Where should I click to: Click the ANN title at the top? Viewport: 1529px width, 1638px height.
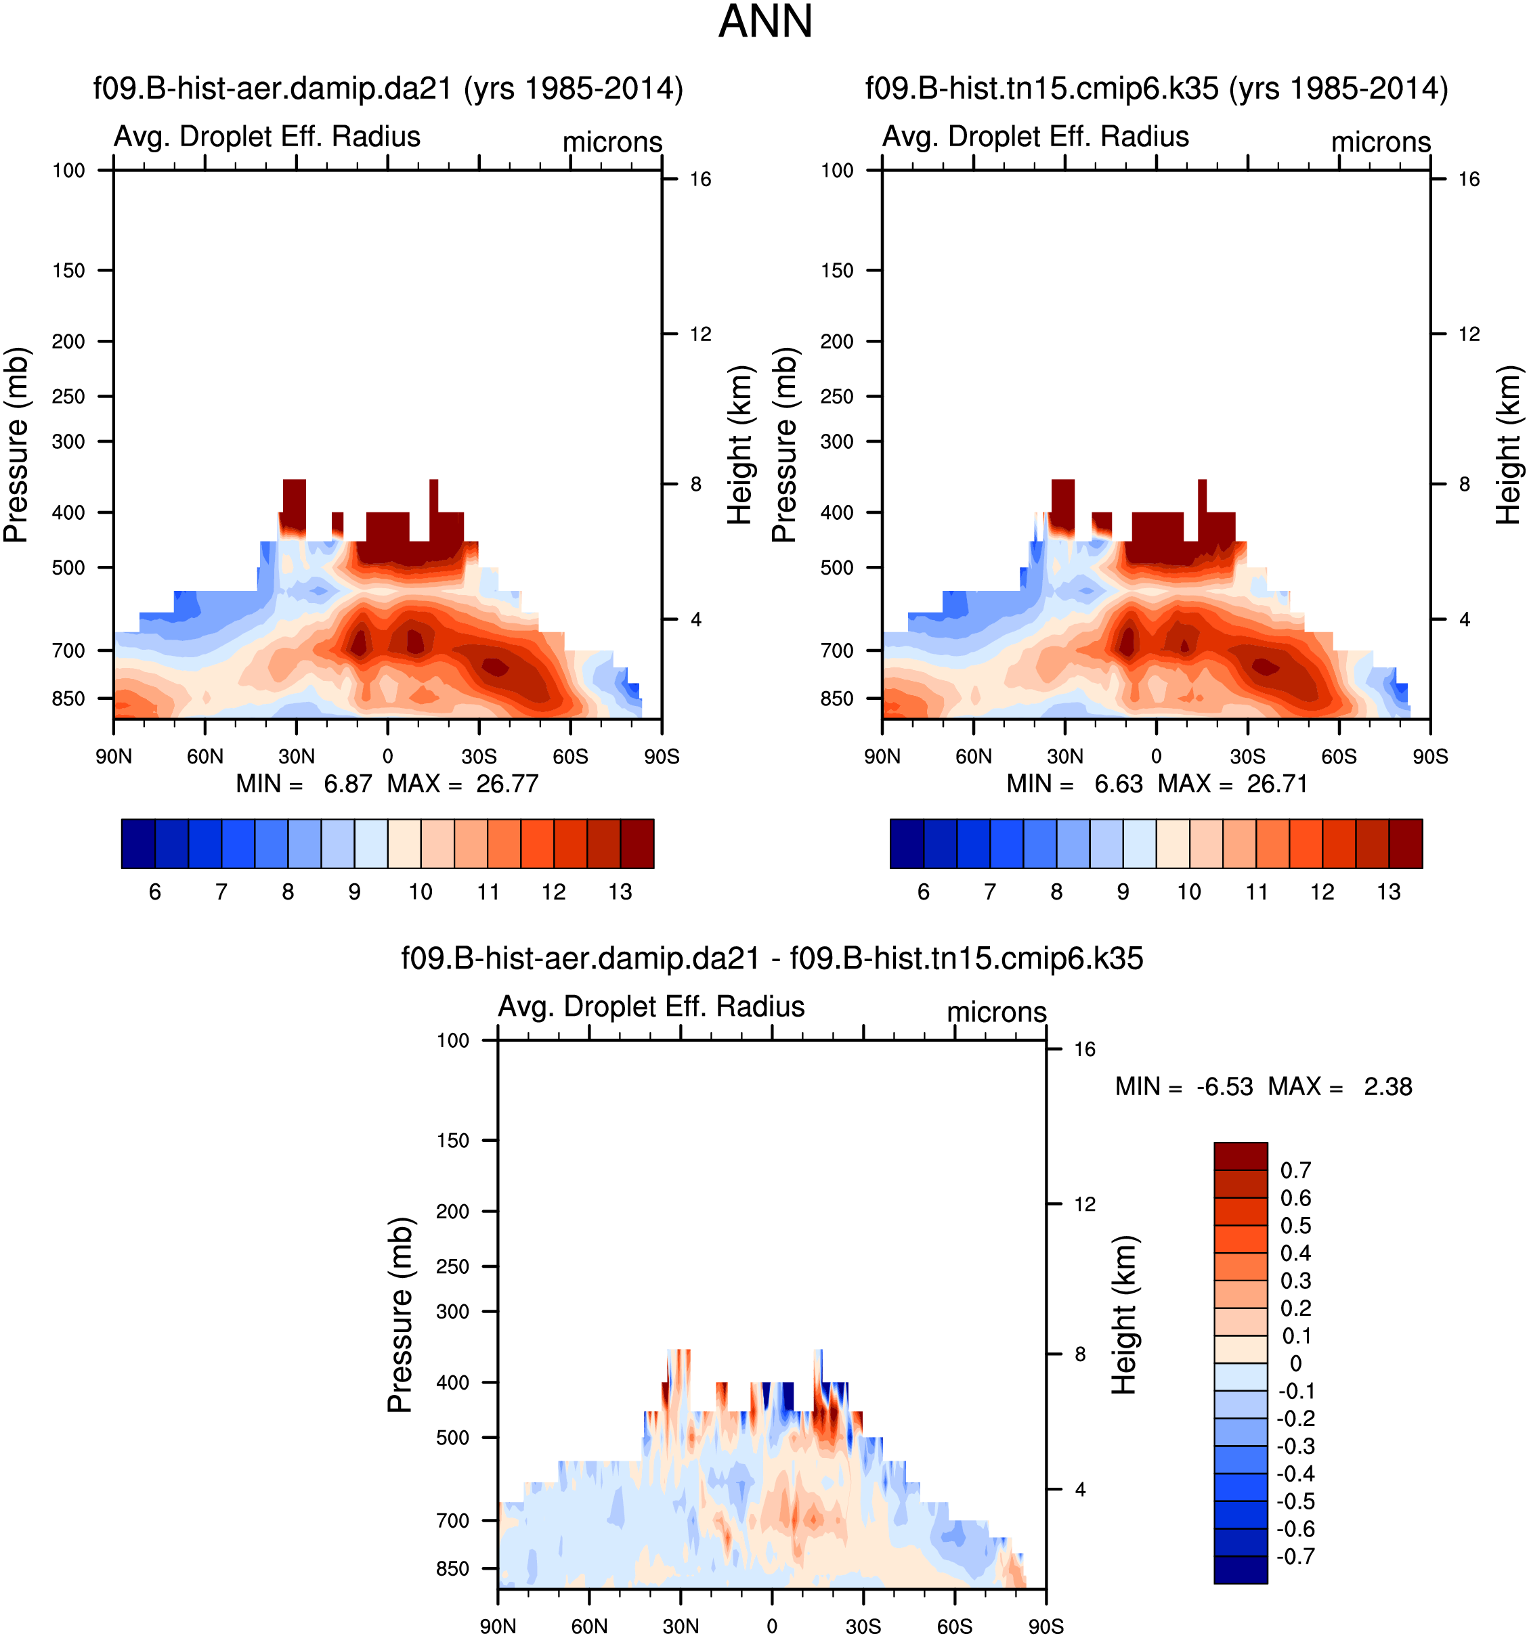point(765,22)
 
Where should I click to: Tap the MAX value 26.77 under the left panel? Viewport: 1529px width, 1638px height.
point(507,784)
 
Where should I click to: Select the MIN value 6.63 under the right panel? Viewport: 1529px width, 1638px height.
point(1118,784)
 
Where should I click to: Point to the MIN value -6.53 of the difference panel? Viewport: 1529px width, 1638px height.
point(1224,1087)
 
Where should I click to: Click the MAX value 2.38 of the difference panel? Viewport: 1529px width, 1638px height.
point(1387,1087)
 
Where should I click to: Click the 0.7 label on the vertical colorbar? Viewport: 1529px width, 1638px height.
point(1295,1171)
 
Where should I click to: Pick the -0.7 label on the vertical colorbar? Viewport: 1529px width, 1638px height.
point(1295,1556)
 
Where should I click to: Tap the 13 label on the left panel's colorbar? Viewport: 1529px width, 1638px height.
point(620,891)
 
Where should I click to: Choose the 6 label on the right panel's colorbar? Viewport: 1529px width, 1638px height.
point(923,891)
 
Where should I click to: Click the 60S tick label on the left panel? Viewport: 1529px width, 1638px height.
point(570,756)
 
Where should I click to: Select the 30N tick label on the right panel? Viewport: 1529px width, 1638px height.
point(1065,756)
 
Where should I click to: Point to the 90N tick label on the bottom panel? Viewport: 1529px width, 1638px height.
point(498,1626)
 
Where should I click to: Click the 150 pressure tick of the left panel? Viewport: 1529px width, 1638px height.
point(68,270)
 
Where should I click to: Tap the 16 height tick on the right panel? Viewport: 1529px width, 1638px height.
point(1469,179)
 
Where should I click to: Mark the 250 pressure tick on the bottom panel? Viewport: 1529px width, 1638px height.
point(452,1266)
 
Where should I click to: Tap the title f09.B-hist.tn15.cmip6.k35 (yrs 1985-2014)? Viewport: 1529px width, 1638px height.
point(1156,88)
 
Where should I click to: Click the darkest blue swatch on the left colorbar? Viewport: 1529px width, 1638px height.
point(137,844)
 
